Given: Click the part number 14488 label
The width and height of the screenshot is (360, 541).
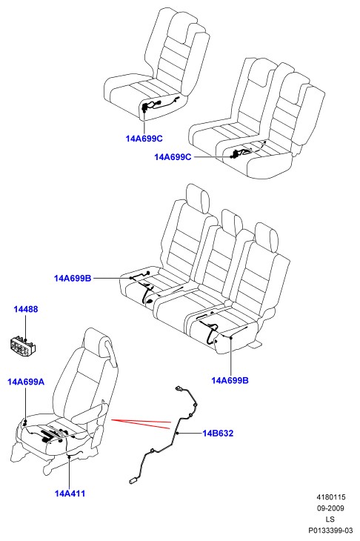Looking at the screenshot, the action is click(x=26, y=309).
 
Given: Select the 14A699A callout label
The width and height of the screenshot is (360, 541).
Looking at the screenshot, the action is click(x=26, y=382).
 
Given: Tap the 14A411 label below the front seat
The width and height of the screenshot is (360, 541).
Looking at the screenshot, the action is click(x=70, y=494).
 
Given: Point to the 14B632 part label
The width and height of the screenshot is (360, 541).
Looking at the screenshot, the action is click(x=218, y=433).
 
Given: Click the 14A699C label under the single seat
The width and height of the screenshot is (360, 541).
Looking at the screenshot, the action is click(x=144, y=139).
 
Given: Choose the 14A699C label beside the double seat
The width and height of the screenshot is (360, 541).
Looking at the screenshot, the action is click(x=173, y=157).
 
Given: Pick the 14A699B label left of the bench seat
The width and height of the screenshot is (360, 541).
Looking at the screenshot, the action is click(x=73, y=278).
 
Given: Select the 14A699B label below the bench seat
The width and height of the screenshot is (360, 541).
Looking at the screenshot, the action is click(x=230, y=380).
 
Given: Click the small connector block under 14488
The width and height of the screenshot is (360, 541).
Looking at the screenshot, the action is click(x=24, y=345).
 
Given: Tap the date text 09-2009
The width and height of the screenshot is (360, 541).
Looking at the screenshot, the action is click(x=330, y=508).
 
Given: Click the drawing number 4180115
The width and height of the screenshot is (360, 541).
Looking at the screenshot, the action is click(x=331, y=497).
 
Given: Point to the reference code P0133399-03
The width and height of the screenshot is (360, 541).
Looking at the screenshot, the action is click(x=330, y=531).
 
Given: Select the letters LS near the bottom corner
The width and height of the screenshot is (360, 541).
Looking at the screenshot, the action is click(x=330, y=520).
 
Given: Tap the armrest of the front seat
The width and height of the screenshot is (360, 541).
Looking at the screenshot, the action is click(x=90, y=413).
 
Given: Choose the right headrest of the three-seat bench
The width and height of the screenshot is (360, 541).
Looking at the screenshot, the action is click(x=267, y=238).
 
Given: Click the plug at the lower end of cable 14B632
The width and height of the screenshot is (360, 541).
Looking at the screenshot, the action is click(x=133, y=480).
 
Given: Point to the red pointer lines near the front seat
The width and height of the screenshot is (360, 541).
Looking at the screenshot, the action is click(x=141, y=423).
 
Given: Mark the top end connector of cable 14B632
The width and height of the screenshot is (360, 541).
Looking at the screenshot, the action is click(x=179, y=388).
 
